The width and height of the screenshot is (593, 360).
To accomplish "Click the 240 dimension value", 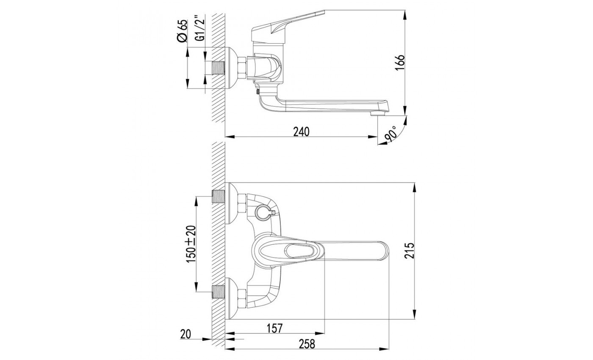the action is pyautogui.click(x=301, y=132).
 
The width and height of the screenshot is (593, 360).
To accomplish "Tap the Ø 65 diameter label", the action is pyautogui.click(x=182, y=30).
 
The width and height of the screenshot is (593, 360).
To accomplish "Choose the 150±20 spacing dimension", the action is pyautogui.click(x=191, y=244).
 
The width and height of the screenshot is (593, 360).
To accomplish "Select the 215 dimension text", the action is pyautogui.click(x=409, y=251).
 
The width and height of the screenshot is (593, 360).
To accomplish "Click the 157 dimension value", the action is pyautogui.click(x=274, y=328).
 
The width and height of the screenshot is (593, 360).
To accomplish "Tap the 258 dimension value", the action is pyautogui.click(x=307, y=344).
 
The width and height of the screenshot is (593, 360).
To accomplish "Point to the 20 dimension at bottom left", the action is pyautogui.click(x=186, y=334).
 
